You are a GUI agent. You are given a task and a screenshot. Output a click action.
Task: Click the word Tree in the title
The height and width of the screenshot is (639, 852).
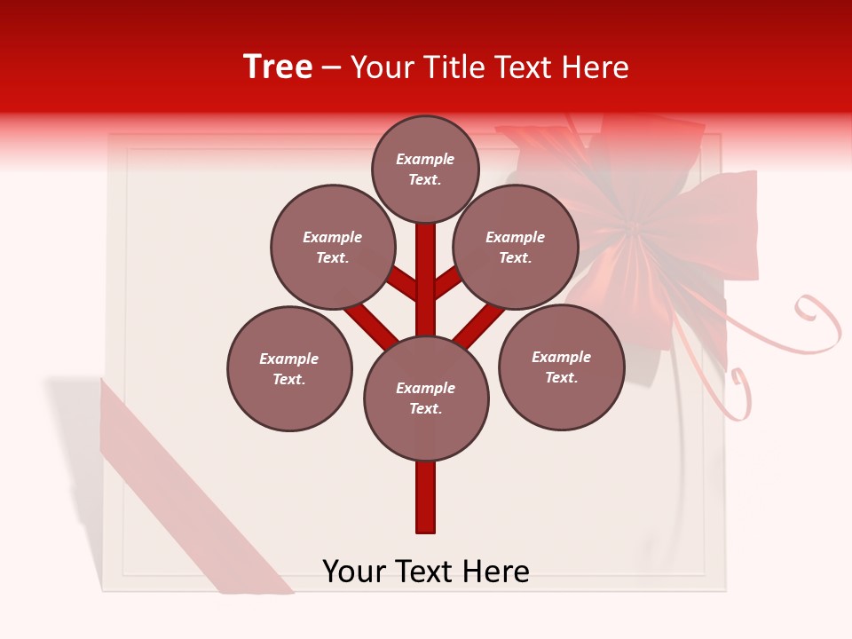pyautogui.click(x=278, y=67)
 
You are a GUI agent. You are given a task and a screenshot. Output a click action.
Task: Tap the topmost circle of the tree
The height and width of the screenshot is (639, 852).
pyautogui.click(x=425, y=169)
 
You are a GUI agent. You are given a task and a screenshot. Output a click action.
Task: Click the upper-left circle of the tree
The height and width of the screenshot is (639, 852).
pyautogui.click(x=333, y=247)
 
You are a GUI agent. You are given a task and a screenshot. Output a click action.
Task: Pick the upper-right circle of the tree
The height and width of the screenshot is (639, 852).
pyautogui.click(x=516, y=247)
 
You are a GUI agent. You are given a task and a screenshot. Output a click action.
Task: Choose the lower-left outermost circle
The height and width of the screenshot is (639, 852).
pyautogui.click(x=289, y=368)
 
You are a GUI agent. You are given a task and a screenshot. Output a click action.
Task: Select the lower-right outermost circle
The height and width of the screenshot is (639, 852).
pyautogui.click(x=561, y=367)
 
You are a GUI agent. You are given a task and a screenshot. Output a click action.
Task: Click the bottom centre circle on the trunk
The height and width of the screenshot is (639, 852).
pyautogui.click(x=426, y=398)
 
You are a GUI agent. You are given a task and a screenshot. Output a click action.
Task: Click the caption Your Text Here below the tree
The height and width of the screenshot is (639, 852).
pyautogui.click(x=426, y=572)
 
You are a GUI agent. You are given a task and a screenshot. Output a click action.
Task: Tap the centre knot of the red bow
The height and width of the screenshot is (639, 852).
pyautogui.click(x=634, y=229)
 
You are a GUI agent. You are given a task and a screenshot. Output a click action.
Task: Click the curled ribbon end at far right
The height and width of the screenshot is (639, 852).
pyautogui.click(x=821, y=319)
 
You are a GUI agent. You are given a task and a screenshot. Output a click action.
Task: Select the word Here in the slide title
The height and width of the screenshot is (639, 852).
pyautogui.click(x=596, y=67)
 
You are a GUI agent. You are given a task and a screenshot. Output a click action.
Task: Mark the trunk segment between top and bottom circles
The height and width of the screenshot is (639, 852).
pyautogui.click(x=426, y=280)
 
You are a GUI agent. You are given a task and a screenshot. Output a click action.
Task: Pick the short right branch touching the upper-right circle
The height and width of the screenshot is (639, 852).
pyautogui.click(x=448, y=282)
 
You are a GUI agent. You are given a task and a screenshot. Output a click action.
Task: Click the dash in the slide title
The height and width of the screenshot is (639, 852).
pyautogui.click(x=331, y=68)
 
